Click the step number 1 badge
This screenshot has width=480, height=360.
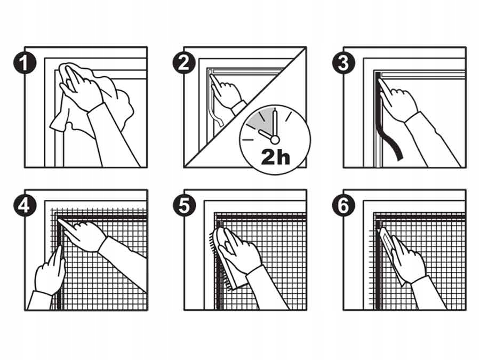(25, 63)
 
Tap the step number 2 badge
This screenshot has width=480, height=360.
(184, 63)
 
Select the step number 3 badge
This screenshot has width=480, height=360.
(343, 63)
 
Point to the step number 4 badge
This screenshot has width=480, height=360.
(25, 205)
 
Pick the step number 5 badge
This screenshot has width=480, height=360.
(184, 205)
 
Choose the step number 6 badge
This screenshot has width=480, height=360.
(343, 205)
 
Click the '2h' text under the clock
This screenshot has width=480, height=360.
(276, 157)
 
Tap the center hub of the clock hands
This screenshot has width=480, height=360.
(275, 140)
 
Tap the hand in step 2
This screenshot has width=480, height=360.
(227, 92)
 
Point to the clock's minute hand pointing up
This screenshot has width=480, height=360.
(275, 123)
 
